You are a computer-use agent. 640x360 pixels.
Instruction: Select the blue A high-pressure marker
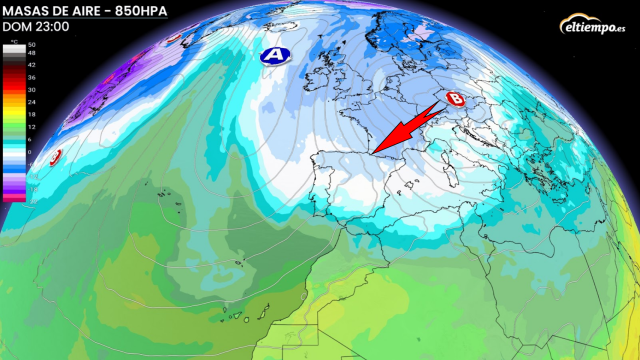coord(271,57)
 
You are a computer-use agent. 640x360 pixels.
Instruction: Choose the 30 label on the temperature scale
coord(32,89)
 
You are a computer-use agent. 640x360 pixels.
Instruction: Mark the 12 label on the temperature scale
coord(32,126)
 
